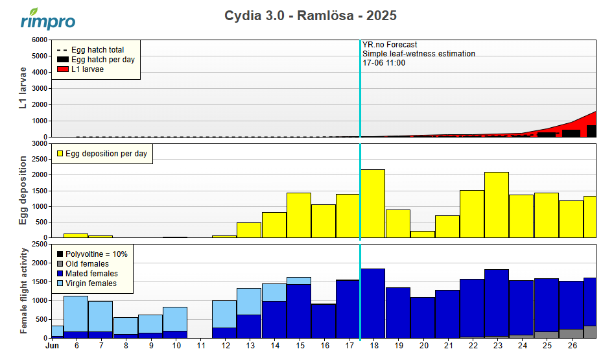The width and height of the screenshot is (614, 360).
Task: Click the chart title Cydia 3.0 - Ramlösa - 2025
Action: (x=310, y=16)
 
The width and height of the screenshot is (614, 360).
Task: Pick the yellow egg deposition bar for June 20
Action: (x=422, y=235)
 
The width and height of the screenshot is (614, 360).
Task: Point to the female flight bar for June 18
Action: (x=373, y=303)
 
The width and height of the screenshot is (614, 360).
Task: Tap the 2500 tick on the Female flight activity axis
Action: (x=38, y=245)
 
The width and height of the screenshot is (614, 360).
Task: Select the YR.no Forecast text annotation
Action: (x=390, y=45)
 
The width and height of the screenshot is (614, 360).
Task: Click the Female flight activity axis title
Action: (x=24, y=291)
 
